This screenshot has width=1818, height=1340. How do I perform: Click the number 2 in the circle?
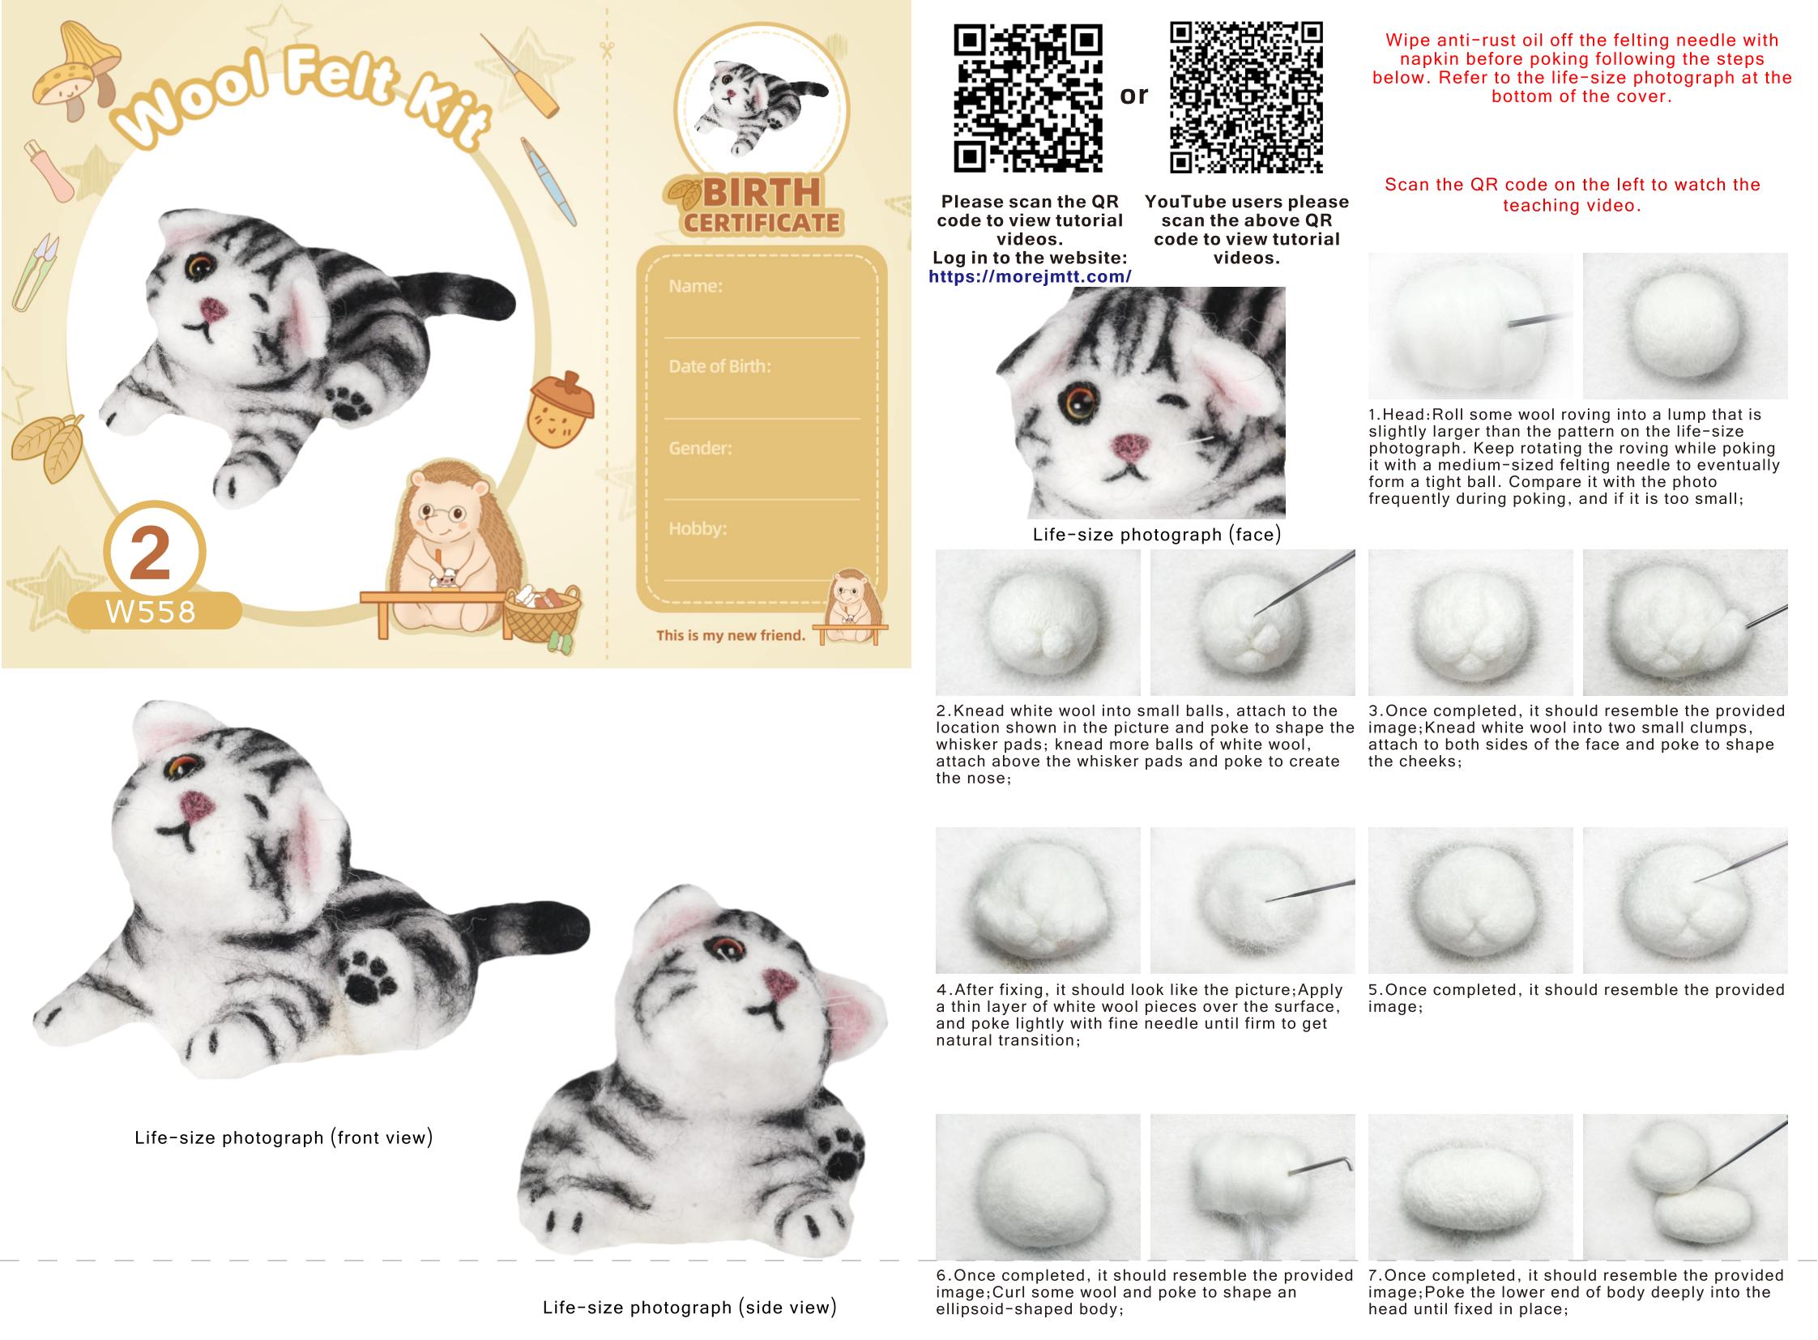coord(151,554)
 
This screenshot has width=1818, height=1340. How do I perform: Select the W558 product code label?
coord(151,612)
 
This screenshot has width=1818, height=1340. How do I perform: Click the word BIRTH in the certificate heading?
coord(762,193)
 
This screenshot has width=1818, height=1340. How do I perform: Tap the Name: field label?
coord(695,285)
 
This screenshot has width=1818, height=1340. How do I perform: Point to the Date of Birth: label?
coord(719,366)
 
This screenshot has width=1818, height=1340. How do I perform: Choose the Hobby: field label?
coord(698,528)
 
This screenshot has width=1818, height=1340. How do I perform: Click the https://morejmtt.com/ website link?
coord(1030,276)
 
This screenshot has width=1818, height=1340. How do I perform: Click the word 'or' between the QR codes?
coord(1134,96)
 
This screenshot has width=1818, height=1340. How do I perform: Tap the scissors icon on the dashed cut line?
coord(607,50)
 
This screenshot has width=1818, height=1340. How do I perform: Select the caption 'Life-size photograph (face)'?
coord(1157,535)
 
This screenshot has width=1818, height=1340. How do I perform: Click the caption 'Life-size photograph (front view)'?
coord(284,1137)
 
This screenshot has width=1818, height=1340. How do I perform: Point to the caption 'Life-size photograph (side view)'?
coord(689,1307)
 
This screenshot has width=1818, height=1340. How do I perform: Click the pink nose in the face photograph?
coord(1130,446)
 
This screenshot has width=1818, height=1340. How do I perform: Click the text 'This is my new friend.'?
coord(731,635)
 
